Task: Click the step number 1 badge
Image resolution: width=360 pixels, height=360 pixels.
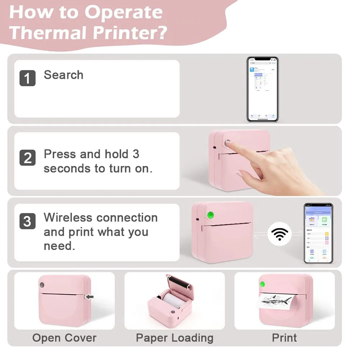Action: [x=27, y=78]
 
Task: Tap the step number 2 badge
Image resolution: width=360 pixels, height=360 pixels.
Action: [x=27, y=158]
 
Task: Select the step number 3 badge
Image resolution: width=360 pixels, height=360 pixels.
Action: [x=27, y=221]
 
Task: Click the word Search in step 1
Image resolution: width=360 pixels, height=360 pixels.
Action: [x=63, y=75]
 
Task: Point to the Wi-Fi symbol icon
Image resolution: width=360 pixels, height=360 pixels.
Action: [x=279, y=234]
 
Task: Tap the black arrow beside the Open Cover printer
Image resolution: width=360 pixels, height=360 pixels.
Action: [x=90, y=297]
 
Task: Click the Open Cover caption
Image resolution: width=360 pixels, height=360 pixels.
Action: [x=64, y=338]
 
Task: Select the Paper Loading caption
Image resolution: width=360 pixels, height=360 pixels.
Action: [x=174, y=338]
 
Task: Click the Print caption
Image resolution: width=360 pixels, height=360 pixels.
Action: [x=284, y=338]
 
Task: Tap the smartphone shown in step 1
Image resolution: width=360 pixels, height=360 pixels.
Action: [x=262, y=89]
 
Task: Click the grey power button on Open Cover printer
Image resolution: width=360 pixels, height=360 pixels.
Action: [x=42, y=285]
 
